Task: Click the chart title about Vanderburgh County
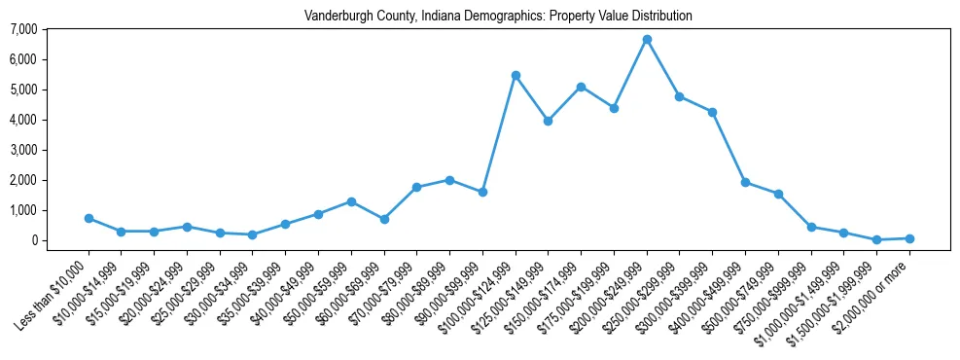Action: [x=498, y=16]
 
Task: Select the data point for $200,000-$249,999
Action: [x=647, y=40]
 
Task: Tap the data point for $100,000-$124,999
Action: [x=516, y=75]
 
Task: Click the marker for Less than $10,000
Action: [x=89, y=218]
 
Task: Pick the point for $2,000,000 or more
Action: [x=909, y=238]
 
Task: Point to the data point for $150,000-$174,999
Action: [x=581, y=87]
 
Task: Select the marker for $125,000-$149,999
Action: [x=549, y=121]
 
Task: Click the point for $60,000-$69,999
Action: [x=384, y=219]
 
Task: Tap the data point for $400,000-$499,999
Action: [x=745, y=182]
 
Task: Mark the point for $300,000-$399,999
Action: [x=712, y=112]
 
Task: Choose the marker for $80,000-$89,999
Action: [x=449, y=180]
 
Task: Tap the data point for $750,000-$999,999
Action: [x=810, y=227]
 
